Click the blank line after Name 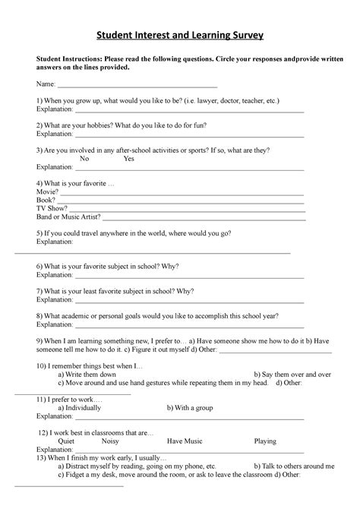click(137, 88)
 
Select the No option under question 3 click(84, 159)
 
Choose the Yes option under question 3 click(128, 159)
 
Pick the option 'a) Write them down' click(87, 375)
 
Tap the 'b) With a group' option click(190, 408)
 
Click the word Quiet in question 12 click(66, 441)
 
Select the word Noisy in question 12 click(110, 441)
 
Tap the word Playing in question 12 click(265, 441)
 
